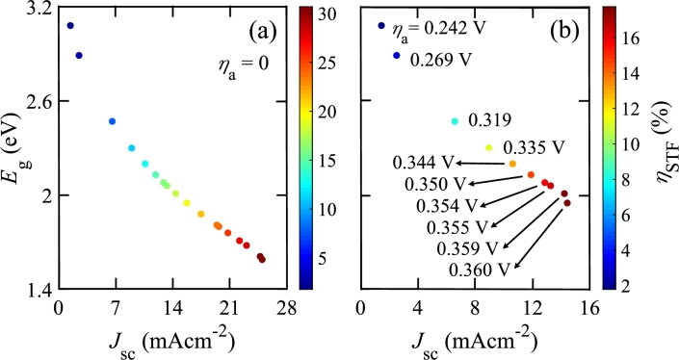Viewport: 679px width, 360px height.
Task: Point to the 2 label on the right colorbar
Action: (628, 286)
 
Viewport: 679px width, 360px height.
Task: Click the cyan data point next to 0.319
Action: (456, 121)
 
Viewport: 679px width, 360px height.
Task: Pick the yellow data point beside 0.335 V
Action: (489, 147)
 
